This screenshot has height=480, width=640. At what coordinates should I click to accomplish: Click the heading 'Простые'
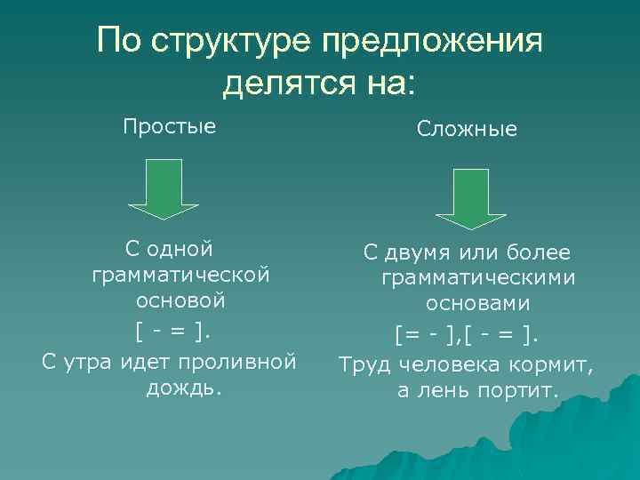tap(169, 126)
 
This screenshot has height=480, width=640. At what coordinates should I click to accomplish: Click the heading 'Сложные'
tap(468, 130)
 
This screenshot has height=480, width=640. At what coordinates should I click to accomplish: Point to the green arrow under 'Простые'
tap(164, 189)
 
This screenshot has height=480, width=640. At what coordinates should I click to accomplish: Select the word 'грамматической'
tap(180, 275)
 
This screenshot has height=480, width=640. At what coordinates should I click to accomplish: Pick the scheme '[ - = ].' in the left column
tap(174, 332)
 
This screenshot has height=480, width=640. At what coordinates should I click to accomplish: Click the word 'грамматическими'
tap(478, 278)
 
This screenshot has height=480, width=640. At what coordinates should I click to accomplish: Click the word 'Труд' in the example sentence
tap(365, 364)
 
